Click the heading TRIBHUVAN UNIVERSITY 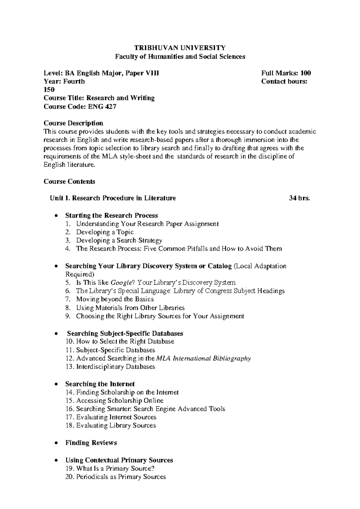click(x=180, y=48)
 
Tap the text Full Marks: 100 click(x=286, y=73)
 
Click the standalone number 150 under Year click(x=49, y=89)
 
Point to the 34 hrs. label click(x=299, y=198)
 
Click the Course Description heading click(x=73, y=123)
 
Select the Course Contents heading click(x=69, y=182)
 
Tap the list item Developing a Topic click(x=105, y=232)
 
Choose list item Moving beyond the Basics click(x=115, y=299)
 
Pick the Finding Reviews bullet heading click(x=91, y=443)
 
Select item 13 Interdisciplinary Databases click(x=115, y=367)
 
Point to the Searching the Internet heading click(x=100, y=384)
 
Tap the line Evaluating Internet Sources click(x=116, y=417)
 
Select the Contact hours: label click(x=284, y=81)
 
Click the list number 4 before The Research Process click(x=69, y=249)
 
